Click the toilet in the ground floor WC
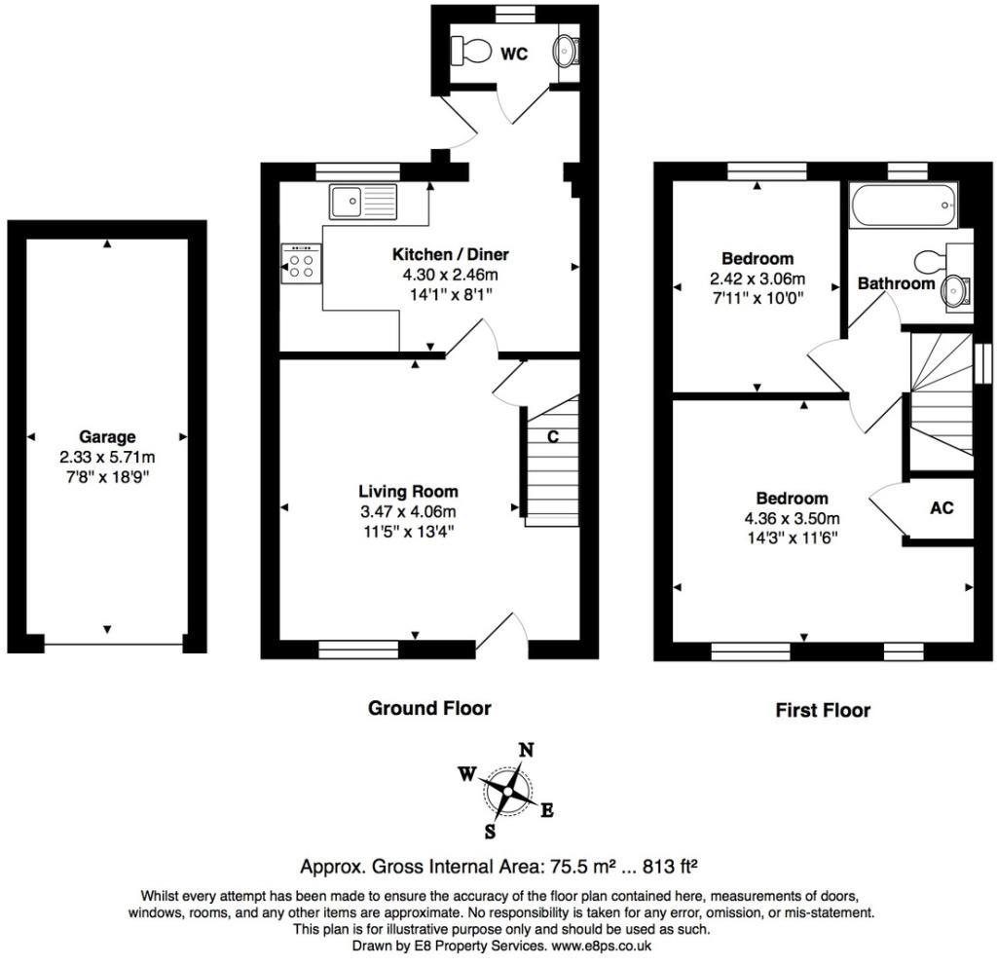click(x=471, y=49)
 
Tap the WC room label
click(x=514, y=55)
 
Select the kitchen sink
click(x=362, y=202)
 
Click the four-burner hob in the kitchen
click(x=302, y=263)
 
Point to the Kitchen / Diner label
click(x=450, y=254)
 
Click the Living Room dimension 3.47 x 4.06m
click(x=408, y=511)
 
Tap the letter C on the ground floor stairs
click(x=553, y=436)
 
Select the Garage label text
click(x=107, y=437)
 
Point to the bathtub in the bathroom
click(x=903, y=204)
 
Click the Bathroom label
click(x=896, y=283)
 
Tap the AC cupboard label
click(x=942, y=507)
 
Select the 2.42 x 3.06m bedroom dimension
click(x=757, y=279)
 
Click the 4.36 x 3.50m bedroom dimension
click(x=792, y=518)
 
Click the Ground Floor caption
click(x=429, y=708)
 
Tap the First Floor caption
click(x=823, y=710)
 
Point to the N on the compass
click(x=526, y=751)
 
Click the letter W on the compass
click(x=467, y=773)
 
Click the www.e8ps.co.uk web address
click(x=601, y=946)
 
